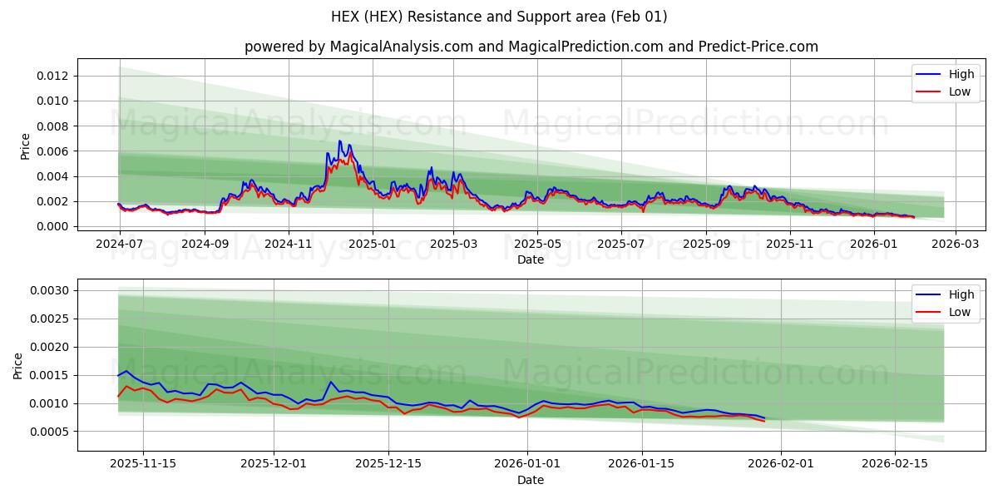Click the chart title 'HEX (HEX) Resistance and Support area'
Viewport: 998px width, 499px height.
tap(499, 17)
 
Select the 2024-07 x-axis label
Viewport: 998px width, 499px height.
tap(120, 244)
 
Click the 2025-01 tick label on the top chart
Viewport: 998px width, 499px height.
tap(372, 244)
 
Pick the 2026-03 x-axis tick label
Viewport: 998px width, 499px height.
tap(955, 244)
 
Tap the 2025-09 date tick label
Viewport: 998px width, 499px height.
tap(706, 244)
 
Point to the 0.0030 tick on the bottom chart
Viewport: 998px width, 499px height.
tap(52, 290)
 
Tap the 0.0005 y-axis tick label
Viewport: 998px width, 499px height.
tap(52, 432)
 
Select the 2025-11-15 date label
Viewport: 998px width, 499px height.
tap(142, 464)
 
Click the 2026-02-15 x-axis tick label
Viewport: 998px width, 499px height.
tap(895, 464)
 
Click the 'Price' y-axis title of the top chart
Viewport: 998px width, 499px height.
tap(26, 146)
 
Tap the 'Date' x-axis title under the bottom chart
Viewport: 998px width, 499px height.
tap(531, 480)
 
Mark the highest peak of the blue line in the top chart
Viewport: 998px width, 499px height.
tap(339, 141)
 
